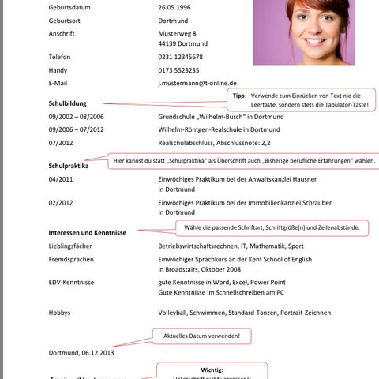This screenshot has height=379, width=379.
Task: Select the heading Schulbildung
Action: pos(73,103)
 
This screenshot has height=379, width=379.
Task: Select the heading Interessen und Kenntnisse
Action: pos(87,232)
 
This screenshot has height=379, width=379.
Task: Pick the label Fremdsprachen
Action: pos(73,259)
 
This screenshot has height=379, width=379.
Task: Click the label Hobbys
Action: pos(60,313)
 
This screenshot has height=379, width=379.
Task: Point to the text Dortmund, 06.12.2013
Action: pos(81,354)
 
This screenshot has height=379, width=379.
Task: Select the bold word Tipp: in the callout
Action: pos(239,95)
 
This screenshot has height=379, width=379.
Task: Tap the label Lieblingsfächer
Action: pos(74,246)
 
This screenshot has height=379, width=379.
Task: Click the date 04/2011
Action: pos(61,179)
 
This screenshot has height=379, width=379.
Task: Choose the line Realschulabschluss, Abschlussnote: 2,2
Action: pos(214,143)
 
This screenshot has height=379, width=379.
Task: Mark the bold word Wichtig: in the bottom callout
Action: pos(212,370)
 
